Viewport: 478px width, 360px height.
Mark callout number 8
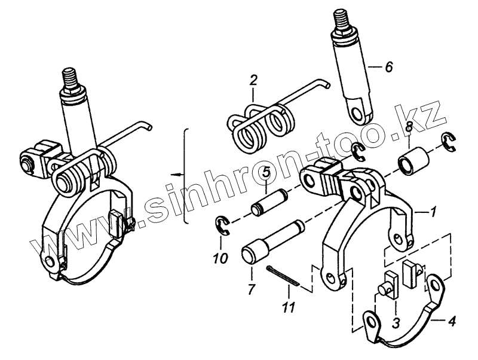tap(408, 127)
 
